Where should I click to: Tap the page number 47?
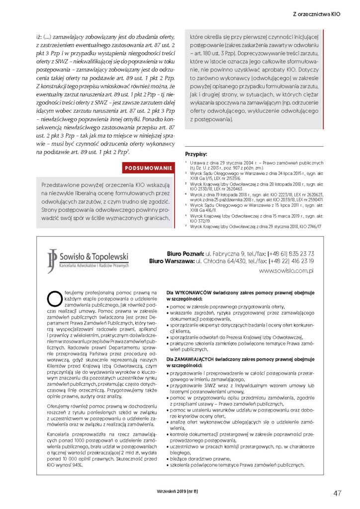(x=338, y=493)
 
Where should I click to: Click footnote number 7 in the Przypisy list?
(x=185, y=226)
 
